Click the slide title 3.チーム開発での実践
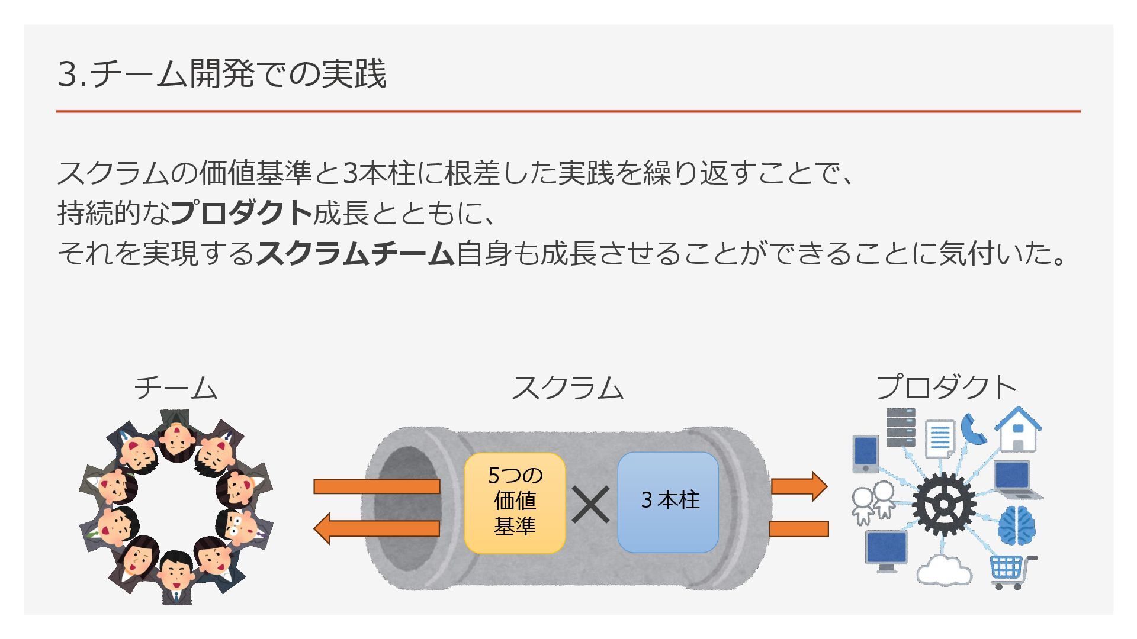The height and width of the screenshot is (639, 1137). [x=222, y=74]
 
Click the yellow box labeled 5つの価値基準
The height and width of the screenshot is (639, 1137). [x=515, y=503]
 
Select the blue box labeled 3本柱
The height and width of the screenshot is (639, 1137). [x=668, y=502]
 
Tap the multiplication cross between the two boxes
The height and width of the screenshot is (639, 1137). [x=590, y=505]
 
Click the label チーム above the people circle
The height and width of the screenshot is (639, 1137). [x=176, y=388]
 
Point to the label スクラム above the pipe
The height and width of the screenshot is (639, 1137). [x=567, y=388]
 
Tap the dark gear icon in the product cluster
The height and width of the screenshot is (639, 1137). [x=943, y=504]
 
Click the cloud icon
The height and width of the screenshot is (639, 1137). [x=944, y=570]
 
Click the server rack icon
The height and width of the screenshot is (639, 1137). [x=900, y=427]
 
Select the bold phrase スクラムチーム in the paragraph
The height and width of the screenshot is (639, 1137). [x=355, y=254]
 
